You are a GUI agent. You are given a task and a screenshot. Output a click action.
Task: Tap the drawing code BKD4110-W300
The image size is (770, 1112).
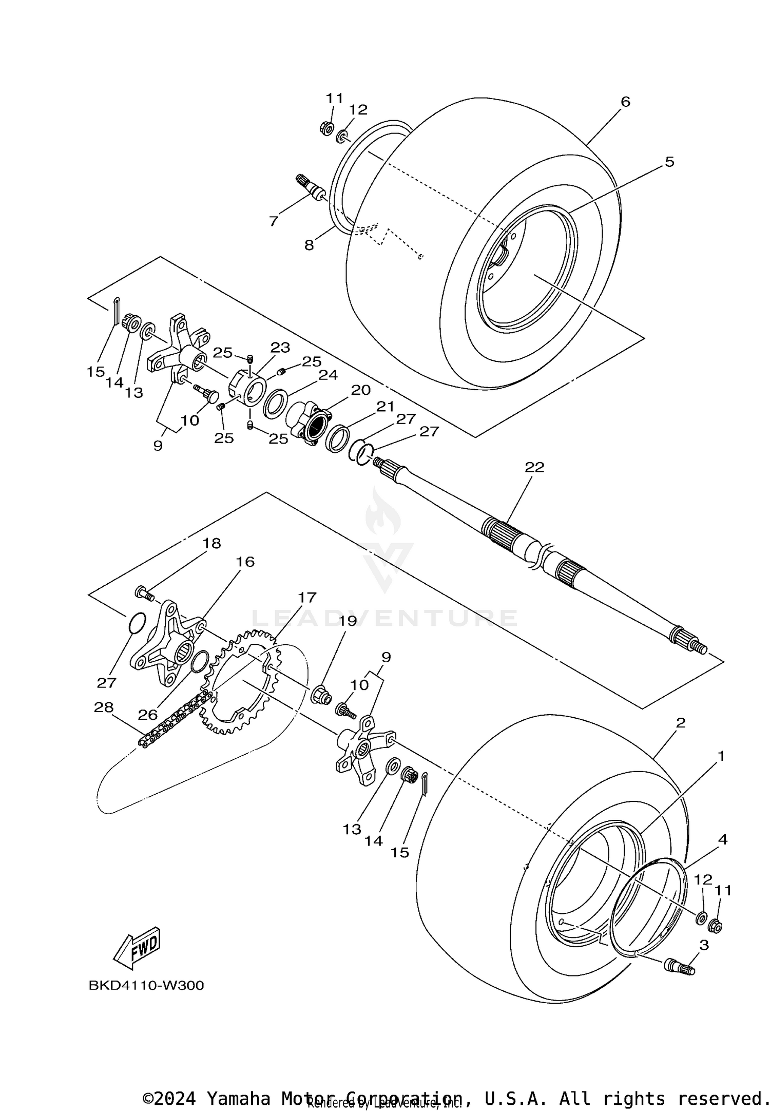[146, 986]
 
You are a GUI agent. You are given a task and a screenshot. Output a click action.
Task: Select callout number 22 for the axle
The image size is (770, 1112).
[534, 467]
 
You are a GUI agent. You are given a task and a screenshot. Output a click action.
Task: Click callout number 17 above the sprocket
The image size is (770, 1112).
[307, 598]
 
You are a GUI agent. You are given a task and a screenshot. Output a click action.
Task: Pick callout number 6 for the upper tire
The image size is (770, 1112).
[625, 102]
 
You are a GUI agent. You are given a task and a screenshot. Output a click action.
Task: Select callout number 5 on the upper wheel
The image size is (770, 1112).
[669, 162]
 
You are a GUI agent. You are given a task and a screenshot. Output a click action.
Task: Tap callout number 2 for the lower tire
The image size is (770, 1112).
[681, 723]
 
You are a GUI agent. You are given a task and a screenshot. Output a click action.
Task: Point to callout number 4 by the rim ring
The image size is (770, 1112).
[723, 840]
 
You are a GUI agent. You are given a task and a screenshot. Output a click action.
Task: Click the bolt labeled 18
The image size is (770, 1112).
[144, 593]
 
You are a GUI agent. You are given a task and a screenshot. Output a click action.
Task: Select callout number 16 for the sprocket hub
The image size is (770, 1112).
[245, 562]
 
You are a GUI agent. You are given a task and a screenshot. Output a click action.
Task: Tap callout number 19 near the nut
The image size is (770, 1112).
[347, 621]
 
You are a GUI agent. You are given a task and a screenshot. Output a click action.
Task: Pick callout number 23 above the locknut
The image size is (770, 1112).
[280, 348]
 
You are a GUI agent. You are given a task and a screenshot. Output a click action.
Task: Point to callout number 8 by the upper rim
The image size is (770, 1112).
[309, 245]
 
